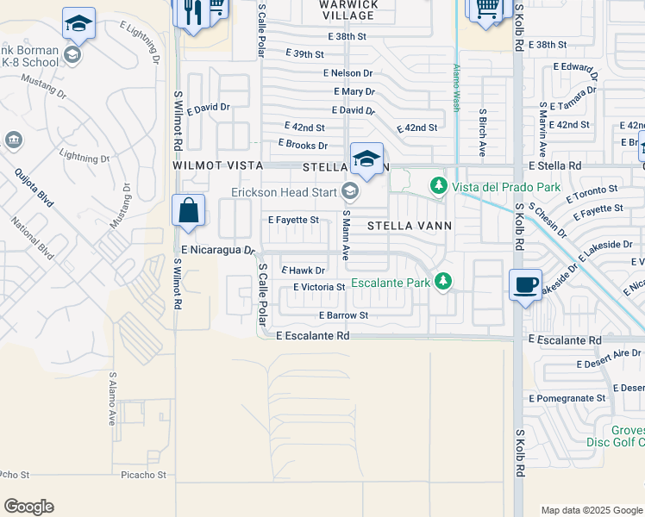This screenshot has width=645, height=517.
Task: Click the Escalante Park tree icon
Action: pyautogui.click(x=443, y=281)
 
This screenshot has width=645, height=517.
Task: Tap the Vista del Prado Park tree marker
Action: pyautogui.click(x=438, y=185)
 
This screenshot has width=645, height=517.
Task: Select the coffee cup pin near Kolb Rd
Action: pyautogui.click(x=524, y=284)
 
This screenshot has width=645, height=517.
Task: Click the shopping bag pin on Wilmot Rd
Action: pyautogui.click(x=188, y=210)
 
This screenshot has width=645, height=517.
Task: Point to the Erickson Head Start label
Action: pyautogui.click(x=284, y=191)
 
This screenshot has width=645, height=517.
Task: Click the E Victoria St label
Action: pyautogui.click(x=319, y=287)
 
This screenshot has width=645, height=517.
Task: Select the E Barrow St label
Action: pyautogui.click(x=343, y=315)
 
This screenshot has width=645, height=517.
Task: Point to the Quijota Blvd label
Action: pyautogui.click(x=34, y=188)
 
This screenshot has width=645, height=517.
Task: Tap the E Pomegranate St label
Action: pyautogui.click(x=567, y=398)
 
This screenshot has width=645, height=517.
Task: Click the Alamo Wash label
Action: pyautogui.click(x=454, y=87)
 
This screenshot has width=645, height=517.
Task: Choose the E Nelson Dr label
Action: pyautogui.click(x=348, y=74)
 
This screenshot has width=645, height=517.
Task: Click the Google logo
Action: pyautogui.click(x=29, y=507)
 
